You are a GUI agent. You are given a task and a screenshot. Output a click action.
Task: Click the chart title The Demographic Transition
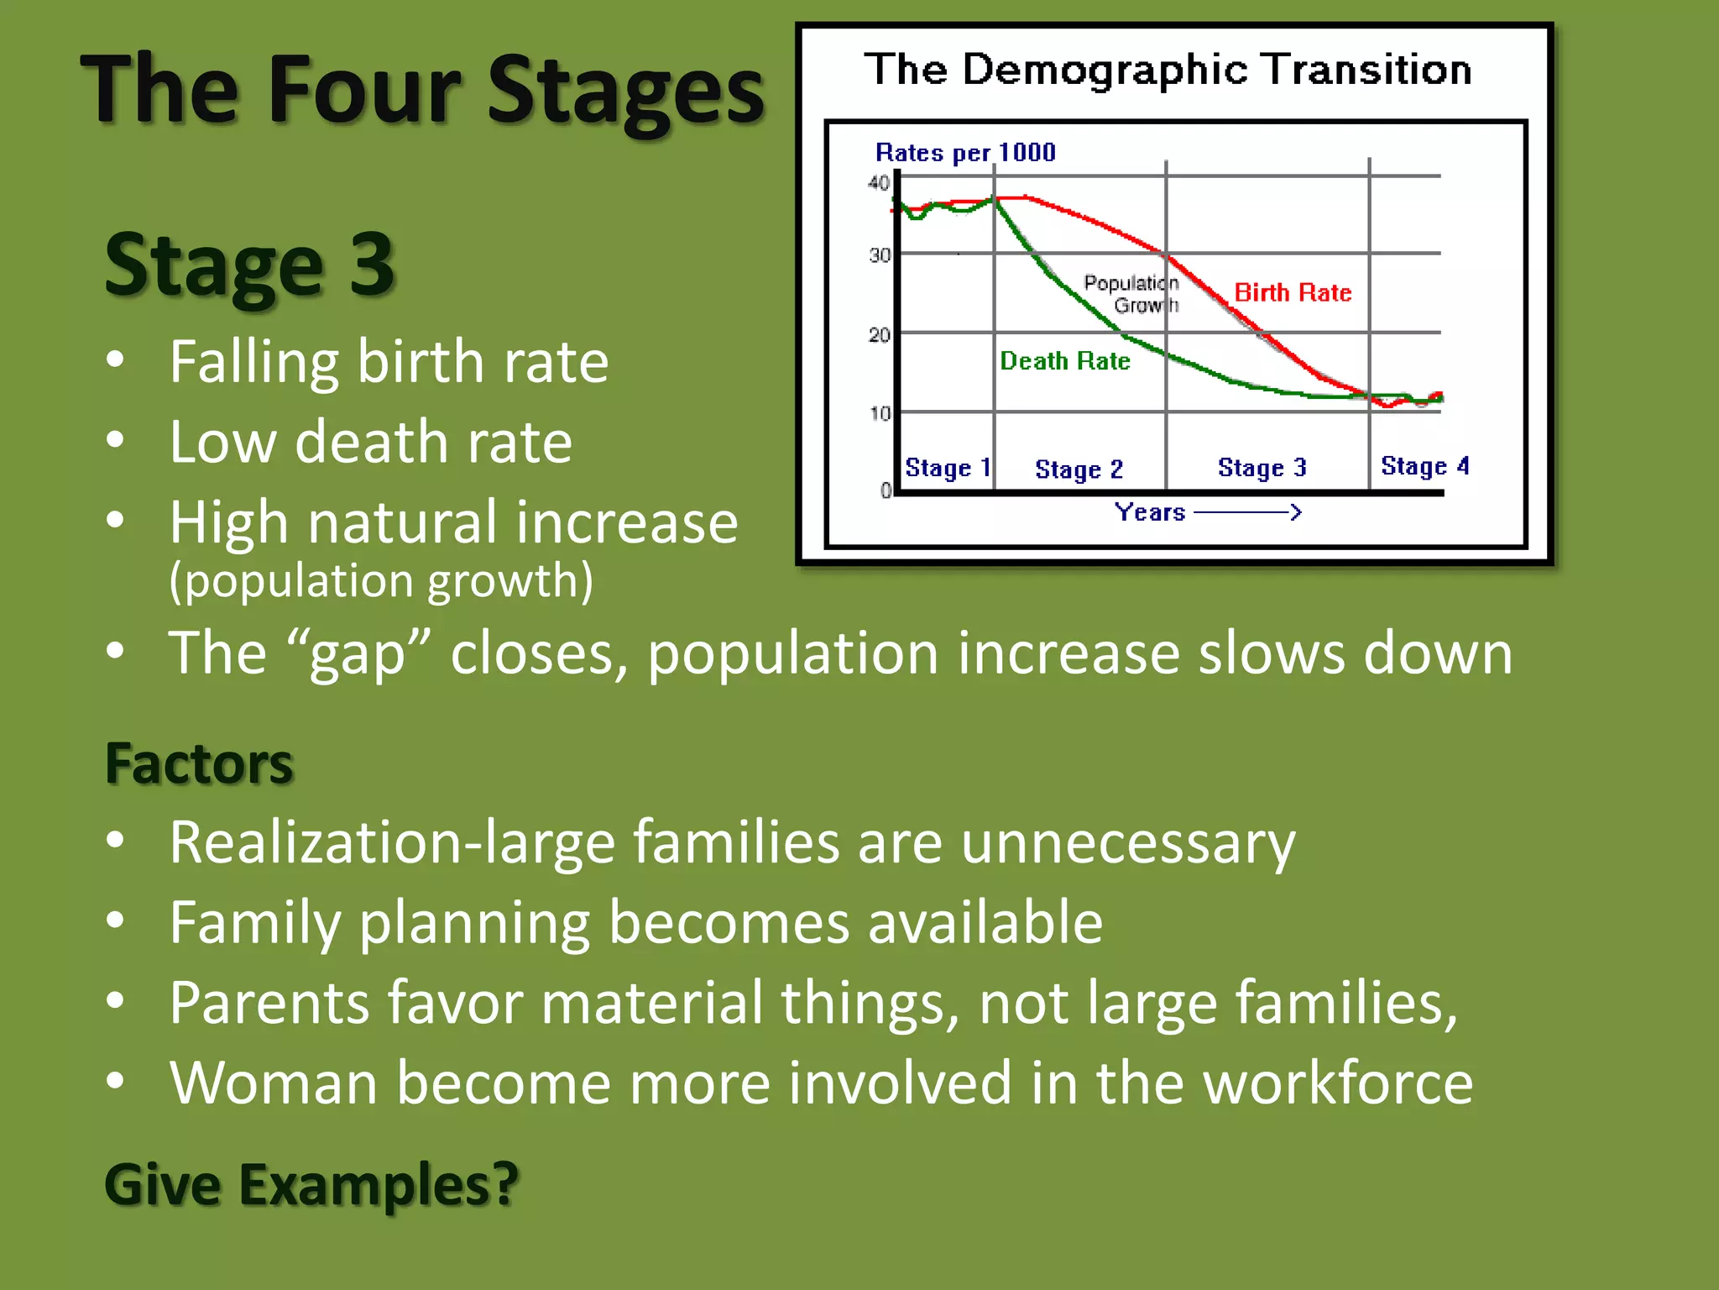[x=1168, y=70]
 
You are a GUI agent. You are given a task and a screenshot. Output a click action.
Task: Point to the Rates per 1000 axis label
[x=965, y=152]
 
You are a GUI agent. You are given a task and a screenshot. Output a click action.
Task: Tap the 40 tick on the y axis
[x=878, y=182]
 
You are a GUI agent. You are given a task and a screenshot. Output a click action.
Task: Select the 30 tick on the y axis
[x=879, y=254]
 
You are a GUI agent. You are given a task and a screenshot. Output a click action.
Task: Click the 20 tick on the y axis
[x=879, y=335]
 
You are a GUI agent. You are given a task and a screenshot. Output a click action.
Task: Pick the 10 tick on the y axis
[x=879, y=413]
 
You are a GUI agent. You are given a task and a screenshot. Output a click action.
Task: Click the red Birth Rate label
[x=1293, y=292]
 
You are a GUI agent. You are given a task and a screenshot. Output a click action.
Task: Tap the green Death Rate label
[x=1064, y=361]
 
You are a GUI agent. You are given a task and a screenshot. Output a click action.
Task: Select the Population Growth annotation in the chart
[x=1131, y=294]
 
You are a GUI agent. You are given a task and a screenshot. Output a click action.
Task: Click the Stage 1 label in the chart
[x=948, y=468]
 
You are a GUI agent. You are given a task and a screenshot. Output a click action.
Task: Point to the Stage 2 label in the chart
[x=1079, y=469]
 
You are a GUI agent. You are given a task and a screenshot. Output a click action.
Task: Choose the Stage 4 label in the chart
[x=1424, y=466]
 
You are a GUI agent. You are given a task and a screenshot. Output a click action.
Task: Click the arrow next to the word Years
[x=1247, y=511]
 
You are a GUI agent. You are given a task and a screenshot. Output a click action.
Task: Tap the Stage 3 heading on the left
[x=249, y=265]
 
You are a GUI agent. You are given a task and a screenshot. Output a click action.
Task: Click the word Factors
[x=199, y=763]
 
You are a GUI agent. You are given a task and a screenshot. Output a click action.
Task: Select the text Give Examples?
[x=311, y=1184]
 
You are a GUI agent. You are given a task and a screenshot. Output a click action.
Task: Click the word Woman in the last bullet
[x=273, y=1083]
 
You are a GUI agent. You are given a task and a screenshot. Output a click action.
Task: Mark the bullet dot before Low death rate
[x=116, y=440]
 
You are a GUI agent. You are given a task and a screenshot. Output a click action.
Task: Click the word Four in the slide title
[x=363, y=90]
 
